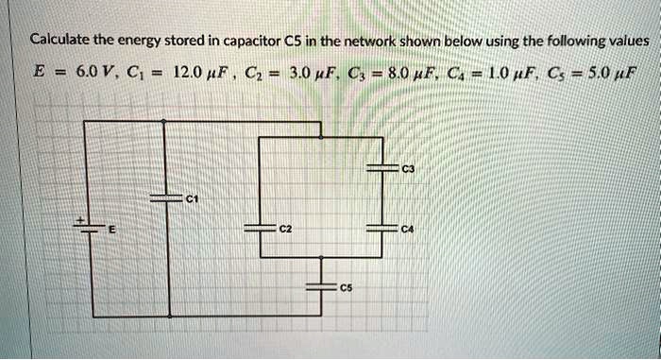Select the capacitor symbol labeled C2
click(259, 230)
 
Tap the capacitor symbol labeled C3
click(382, 167)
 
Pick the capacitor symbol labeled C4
click(382, 230)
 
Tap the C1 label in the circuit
click(192, 198)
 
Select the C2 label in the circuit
click(285, 230)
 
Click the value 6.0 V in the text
click(93, 71)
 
